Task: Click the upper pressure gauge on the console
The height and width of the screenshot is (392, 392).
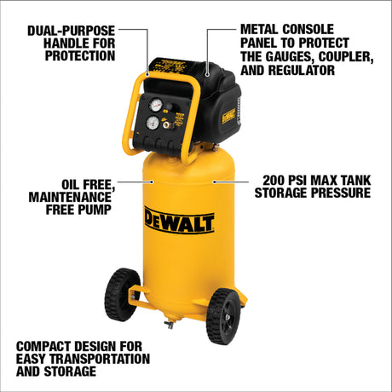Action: point(155,105)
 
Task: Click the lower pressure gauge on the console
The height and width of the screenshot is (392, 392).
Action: point(153,123)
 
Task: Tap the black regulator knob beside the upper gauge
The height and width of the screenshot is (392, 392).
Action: point(169,109)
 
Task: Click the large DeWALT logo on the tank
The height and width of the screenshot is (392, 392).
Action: point(179,221)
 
